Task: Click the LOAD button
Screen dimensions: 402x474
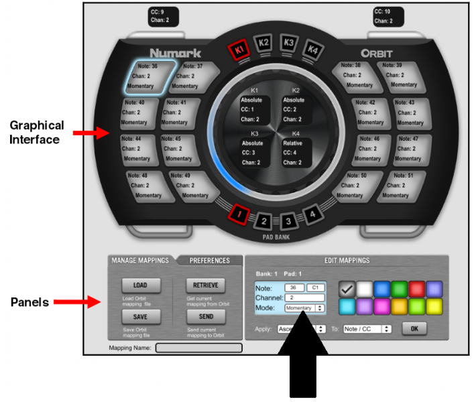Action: click(x=139, y=285)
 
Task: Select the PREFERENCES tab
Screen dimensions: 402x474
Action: click(x=209, y=261)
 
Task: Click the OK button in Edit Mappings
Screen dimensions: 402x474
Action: click(x=414, y=329)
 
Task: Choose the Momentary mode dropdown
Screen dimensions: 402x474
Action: click(x=304, y=308)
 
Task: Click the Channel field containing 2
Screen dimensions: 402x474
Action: click(x=304, y=297)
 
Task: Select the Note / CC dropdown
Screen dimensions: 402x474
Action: click(x=367, y=329)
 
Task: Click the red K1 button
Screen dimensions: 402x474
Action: click(x=238, y=50)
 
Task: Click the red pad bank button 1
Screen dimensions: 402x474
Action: click(x=239, y=214)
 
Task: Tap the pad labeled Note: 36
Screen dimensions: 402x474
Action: click(x=152, y=76)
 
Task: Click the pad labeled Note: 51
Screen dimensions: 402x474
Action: click(x=402, y=186)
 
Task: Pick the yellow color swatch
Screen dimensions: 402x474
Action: click(x=434, y=306)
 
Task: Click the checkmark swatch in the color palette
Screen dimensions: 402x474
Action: click(x=348, y=289)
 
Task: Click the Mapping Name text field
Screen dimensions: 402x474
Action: click(x=198, y=348)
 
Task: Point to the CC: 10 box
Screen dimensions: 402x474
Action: click(x=383, y=16)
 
